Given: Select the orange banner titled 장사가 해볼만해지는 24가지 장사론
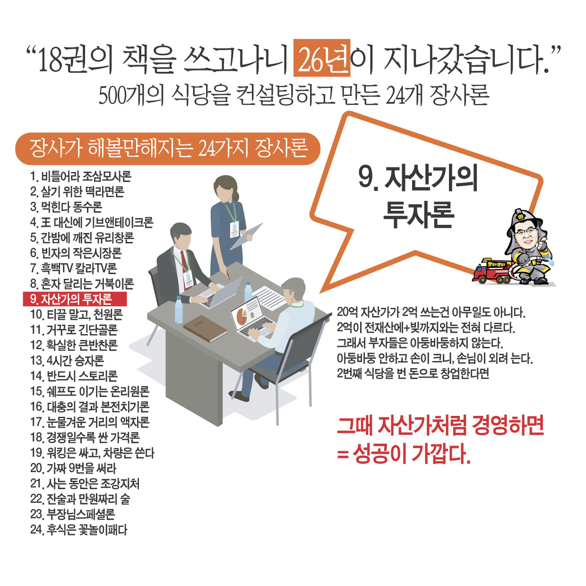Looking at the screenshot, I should [168, 148].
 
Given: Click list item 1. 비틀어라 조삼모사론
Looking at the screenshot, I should [81, 177].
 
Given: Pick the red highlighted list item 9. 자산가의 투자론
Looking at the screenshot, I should [75, 299].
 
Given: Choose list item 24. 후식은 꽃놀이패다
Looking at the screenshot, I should [79, 530].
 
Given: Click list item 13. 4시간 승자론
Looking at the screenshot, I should [67, 361].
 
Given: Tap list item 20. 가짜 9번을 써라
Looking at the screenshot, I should [73, 468].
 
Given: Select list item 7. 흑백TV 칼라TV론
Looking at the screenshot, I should [74, 268].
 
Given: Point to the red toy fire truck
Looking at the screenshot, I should [491, 272].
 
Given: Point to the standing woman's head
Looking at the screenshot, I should [226, 189].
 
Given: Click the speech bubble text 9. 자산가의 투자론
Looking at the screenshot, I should [418, 196].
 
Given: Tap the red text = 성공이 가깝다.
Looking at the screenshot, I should [404, 454].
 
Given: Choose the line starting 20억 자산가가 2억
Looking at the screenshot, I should [431, 312].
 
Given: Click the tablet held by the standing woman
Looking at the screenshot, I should [247, 236].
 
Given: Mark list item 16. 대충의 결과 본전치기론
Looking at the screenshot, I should [90, 407].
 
